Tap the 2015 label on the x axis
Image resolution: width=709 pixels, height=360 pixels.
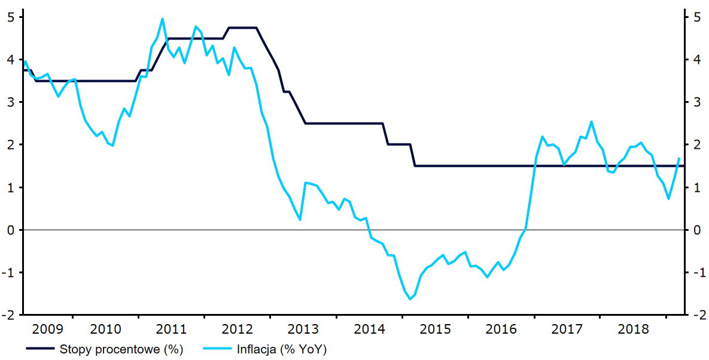coord(436,329)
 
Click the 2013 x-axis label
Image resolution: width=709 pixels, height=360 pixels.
coord(303,329)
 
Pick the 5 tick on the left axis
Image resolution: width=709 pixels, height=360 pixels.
coord(10,17)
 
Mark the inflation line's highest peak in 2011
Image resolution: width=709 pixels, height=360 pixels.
coord(162,19)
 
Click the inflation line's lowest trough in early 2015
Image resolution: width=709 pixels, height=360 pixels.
coord(410,299)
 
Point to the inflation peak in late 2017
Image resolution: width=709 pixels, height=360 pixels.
coord(592,121)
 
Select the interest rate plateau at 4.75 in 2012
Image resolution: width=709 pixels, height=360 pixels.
coord(243,28)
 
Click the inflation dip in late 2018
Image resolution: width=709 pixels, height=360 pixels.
coord(668,199)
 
